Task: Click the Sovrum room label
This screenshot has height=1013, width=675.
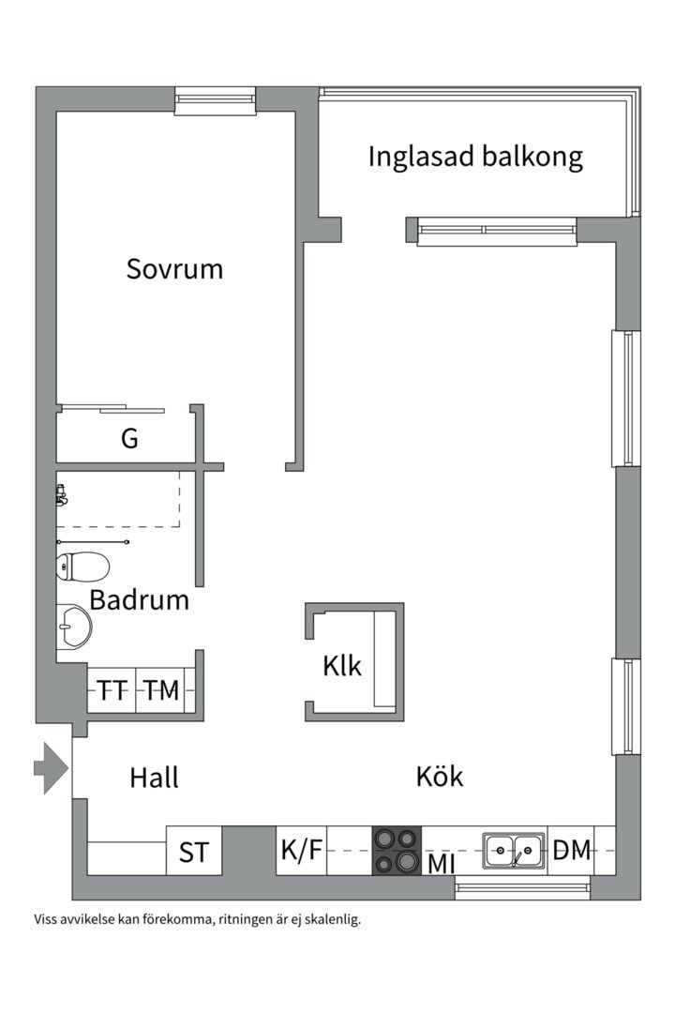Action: pos(174,269)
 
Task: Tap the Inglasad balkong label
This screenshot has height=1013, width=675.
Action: pos(474,156)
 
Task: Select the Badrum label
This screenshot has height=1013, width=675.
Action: pos(140,599)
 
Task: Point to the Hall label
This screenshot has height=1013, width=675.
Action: pos(154,778)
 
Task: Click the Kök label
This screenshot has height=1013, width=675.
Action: pos(440,776)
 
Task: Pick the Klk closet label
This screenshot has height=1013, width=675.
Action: pos(342,666)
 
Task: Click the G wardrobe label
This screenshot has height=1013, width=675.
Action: pos(129,438)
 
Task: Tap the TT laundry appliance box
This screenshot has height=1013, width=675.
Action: pos(112,691)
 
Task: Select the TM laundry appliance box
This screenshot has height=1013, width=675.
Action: pos(161,691)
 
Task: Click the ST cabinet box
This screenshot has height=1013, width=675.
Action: pos(194,852)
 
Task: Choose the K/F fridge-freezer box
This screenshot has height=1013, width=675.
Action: pos(301,851)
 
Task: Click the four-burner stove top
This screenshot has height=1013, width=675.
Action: pos(397,850)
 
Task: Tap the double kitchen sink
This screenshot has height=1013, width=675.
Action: pos(514,851)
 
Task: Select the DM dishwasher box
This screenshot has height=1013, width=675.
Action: pos(572,851)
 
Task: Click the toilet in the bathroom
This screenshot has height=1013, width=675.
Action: pos(82,567)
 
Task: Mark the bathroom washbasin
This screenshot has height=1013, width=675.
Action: pos(74,626)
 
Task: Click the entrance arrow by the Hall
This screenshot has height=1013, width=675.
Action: pos(52,768)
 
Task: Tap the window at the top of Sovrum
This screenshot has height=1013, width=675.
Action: pos(216,100)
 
